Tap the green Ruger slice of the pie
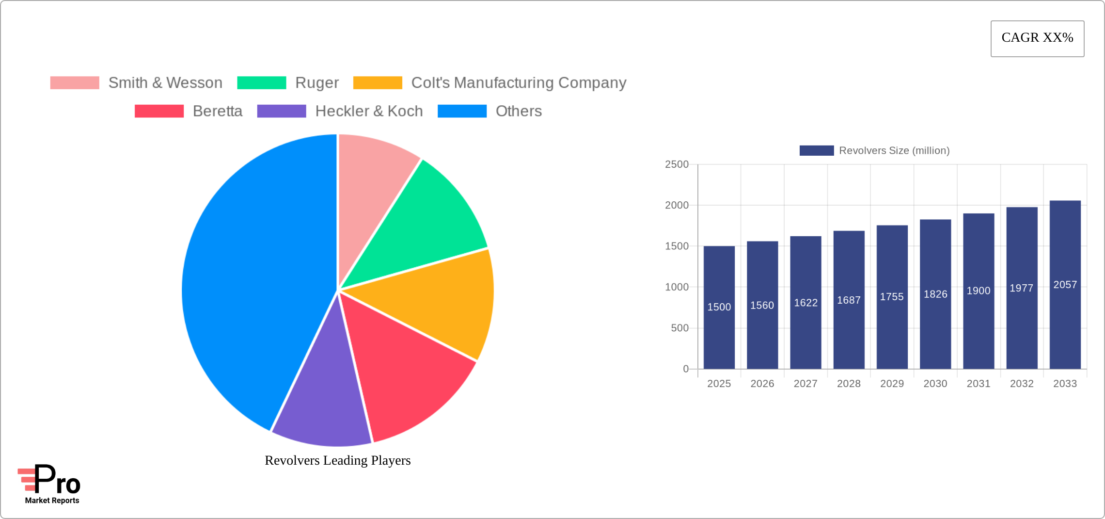coord(426,218)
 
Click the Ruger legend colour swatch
coord(262,83)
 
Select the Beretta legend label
coord(218,111)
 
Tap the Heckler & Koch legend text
coord(369,111)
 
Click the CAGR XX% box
coord(1037,38)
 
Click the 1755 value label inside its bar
coord(892,297)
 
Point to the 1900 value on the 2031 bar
coord(979,291)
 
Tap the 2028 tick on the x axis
coord(849,384)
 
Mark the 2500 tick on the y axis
coord(677,164)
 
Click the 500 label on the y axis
coord(679,328)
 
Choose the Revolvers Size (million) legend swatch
coord(817,150)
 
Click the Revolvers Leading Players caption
coord(337,460)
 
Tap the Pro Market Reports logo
coord(49,484)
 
